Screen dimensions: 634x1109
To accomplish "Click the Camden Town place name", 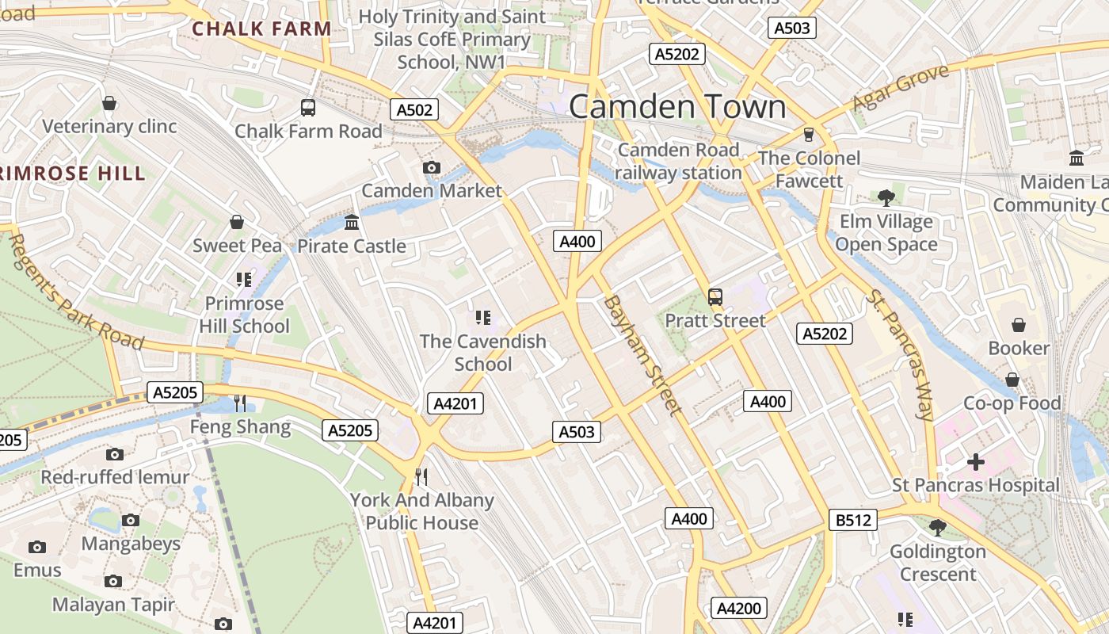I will point(677,107).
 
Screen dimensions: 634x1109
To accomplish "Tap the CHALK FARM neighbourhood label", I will point(261,29).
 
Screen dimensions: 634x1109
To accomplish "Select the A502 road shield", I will point(414,109).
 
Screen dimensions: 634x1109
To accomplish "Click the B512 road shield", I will point(853,520).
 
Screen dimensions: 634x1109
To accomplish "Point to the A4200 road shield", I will point(738,608).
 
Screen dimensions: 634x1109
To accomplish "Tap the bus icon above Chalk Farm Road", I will point(308,107).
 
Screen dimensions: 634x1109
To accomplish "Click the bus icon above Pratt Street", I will point(715,297).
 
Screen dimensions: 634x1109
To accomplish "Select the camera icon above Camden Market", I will point(432,167).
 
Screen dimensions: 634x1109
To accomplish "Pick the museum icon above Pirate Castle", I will point(352,222).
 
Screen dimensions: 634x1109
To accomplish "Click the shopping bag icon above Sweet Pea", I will point(236,222).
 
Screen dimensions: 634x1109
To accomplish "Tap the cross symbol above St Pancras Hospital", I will point(976,461).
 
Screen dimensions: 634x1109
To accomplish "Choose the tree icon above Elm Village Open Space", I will point(886,197).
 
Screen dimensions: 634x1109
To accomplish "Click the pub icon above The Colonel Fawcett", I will point(809,134).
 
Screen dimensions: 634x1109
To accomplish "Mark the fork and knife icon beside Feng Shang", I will point(240,403).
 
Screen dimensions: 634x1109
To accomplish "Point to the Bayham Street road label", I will point(642,355).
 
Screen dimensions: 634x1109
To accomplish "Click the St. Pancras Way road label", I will point(901,353).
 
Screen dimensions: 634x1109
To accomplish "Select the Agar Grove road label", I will point(901,88).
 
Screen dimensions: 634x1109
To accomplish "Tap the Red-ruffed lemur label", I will point(115,477).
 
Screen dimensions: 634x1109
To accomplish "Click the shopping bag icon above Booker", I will point(1019,325).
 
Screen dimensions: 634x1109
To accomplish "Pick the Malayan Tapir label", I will point(113,605).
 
